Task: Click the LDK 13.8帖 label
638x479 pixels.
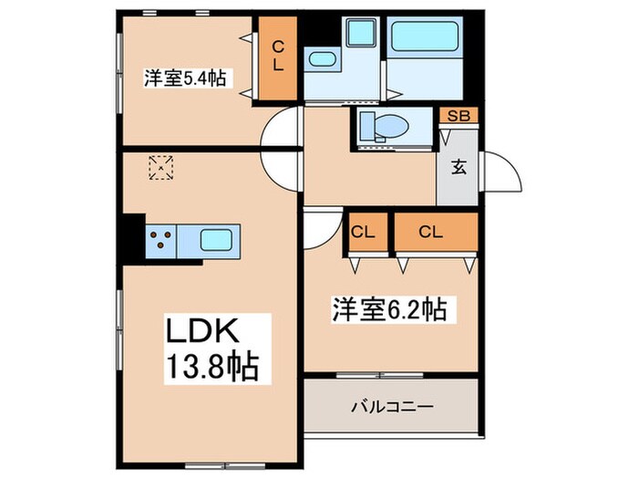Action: [211, 349]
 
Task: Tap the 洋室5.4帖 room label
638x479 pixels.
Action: [183, 78]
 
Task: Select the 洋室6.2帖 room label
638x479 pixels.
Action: [388, 310]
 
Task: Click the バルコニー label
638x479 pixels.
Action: [392, 405]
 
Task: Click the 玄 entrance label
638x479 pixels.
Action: [458, 167]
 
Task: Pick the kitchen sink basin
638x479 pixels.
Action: [216, 242]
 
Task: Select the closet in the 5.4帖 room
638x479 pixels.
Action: [278, 57]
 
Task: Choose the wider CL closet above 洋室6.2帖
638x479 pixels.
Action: [435, 233]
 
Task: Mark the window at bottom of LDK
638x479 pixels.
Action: [212, 466]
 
